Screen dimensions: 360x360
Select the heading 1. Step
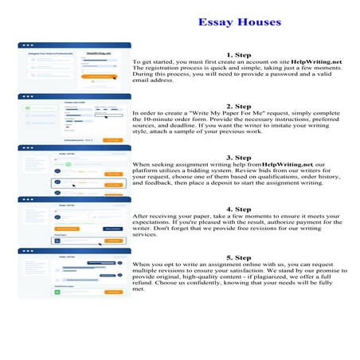tap(239, 54)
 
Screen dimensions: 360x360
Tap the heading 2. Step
tap(239, 106)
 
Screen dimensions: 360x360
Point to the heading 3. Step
tap(239, 157)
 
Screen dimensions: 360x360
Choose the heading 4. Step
tap(239, 208)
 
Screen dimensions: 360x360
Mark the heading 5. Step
tap(239, 258)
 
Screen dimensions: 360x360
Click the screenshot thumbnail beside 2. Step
tap(74, 118)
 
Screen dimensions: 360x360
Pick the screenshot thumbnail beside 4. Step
tap(74, 221)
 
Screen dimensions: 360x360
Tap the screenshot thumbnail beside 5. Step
tap(74, 272)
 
